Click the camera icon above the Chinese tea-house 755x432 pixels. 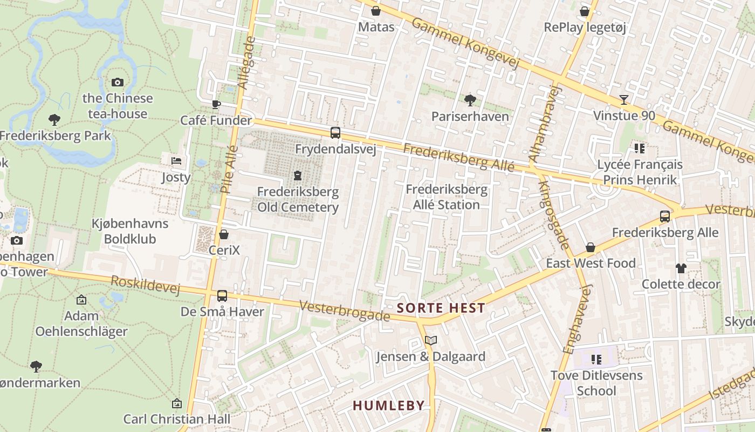pyautogui.click(x=118, y=82)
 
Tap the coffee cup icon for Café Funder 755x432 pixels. pyautogui.click(x=216, y=104)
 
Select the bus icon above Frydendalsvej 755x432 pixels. pyautogui.click(x=335, y=132)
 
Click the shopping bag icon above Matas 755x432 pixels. pyautogui.click(x=376, y=11)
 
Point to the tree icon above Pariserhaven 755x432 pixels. pyautogui.click(x=470, y=100)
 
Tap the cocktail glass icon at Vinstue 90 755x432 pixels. pyautogui.click(x=624, y=99)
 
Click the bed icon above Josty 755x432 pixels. pyautogui.click(x=176, y=161)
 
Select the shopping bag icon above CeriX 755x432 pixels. pyautogui.click(x=224, y=234)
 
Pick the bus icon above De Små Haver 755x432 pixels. pyautogui.click(x=222, y=295)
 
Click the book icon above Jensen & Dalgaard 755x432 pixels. pyautogui.click(x=430, y=340)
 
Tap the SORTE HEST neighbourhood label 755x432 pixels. pyautogui.click(x=441, y=308)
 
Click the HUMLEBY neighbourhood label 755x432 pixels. pyautogui.click(x=388, y=406)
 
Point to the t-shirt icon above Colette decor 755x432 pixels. pyautogui.click(x=681, y=268)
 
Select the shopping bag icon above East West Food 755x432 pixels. pyautogui.click(x=591, y=247)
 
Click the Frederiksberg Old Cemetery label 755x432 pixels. pyautogui.click(x=298, y=199)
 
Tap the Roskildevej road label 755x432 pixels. pyautogui.click(x=145, y=285)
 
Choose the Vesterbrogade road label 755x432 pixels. pyautogui.click(x=344, y=311)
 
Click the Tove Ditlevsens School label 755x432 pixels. pyautogui.click(x=596, y=383)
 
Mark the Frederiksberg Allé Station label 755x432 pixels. pyautogui.click(x=446, y=197)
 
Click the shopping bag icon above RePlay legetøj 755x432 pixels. pyautogui.click(x=585, y=11)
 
